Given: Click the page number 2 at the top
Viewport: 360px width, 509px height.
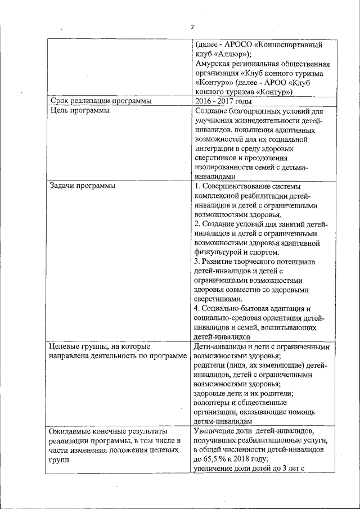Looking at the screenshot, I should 191,27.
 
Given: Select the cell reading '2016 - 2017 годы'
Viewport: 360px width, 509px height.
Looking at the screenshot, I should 224,101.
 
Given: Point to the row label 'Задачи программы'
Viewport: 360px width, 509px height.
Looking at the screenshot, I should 83,186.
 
